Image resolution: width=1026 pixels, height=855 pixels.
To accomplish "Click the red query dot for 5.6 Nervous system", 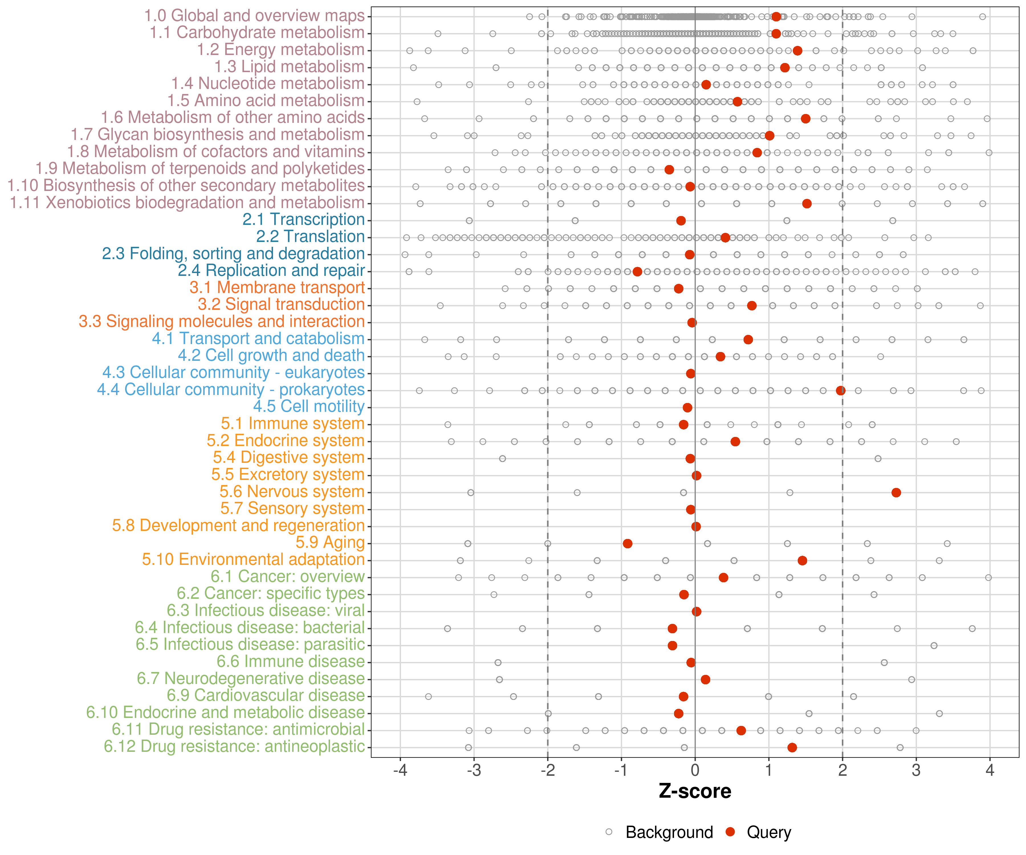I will tap(896, 492).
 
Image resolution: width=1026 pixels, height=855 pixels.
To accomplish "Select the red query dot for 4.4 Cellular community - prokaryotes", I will tap(840, 390).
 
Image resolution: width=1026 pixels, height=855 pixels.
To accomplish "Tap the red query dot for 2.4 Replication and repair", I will tap(637, 272).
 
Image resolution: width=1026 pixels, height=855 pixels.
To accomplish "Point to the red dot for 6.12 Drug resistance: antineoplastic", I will tap(792, 748).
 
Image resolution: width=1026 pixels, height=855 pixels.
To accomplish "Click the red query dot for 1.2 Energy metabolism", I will tap(797, 50).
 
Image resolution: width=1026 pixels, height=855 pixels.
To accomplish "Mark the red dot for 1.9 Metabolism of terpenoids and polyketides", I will tap(669, 170).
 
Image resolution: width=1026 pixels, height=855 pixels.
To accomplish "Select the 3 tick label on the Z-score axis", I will tap(916, 770).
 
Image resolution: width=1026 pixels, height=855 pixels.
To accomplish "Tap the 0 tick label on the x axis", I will tap(695, 770).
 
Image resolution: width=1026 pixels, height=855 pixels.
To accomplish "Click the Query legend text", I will tap(769, 832).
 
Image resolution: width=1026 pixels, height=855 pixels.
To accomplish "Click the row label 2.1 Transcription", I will tap(304, 219).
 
